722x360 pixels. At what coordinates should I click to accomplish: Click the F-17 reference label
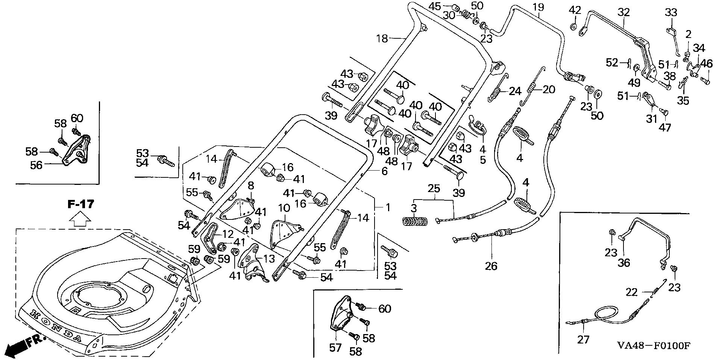pyautogui.click(x=80, y=204)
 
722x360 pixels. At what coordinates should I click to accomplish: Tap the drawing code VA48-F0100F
pyautogui.click(x=653, y=345)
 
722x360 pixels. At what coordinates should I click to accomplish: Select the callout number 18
pyautogui.click(x=382, y=39)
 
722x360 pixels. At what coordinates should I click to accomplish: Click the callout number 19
pyautogui.click(x=538, y=7)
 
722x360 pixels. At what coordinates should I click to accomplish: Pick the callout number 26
pyautogui.click(x=491, y=266)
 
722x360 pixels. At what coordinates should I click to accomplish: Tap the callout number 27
pyautogui.click(x=583, y=339)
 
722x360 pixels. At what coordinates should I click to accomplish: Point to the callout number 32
pyautogui.click(x=623, y=12)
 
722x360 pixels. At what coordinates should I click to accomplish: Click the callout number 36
pyautogui.click(x=623, y=262)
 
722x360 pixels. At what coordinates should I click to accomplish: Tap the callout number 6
pyautogui.click(x=384, y=171)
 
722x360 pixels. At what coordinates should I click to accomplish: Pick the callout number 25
pyautogui.click(x=434, y=188)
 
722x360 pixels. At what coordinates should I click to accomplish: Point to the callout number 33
pyautogui.click(x=671, y=13)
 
